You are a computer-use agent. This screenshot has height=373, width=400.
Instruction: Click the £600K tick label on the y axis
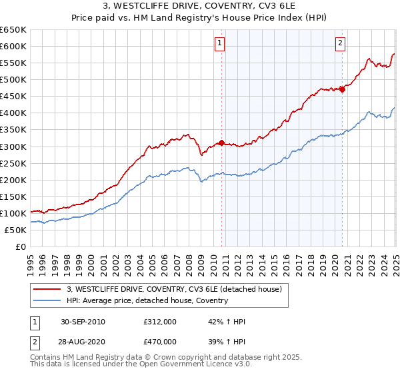[13, 46]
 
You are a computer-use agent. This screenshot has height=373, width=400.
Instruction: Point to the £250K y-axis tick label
[13, 163]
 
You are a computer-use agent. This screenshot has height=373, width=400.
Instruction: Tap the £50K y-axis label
[15, 230]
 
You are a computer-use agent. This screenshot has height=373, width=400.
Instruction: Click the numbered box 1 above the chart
[220, 44]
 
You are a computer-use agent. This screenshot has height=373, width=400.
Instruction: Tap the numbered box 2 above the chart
[340, 44]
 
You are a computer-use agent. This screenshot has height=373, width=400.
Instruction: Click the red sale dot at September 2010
[221, 143]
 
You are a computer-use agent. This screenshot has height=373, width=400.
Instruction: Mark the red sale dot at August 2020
[342, 89]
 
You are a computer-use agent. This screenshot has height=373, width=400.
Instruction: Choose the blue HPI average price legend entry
[147, 300]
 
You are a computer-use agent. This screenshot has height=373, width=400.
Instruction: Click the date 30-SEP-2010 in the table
[83, 322]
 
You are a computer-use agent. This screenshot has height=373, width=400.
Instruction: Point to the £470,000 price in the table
[160, 342]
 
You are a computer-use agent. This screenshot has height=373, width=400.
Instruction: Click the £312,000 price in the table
[160, 322]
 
